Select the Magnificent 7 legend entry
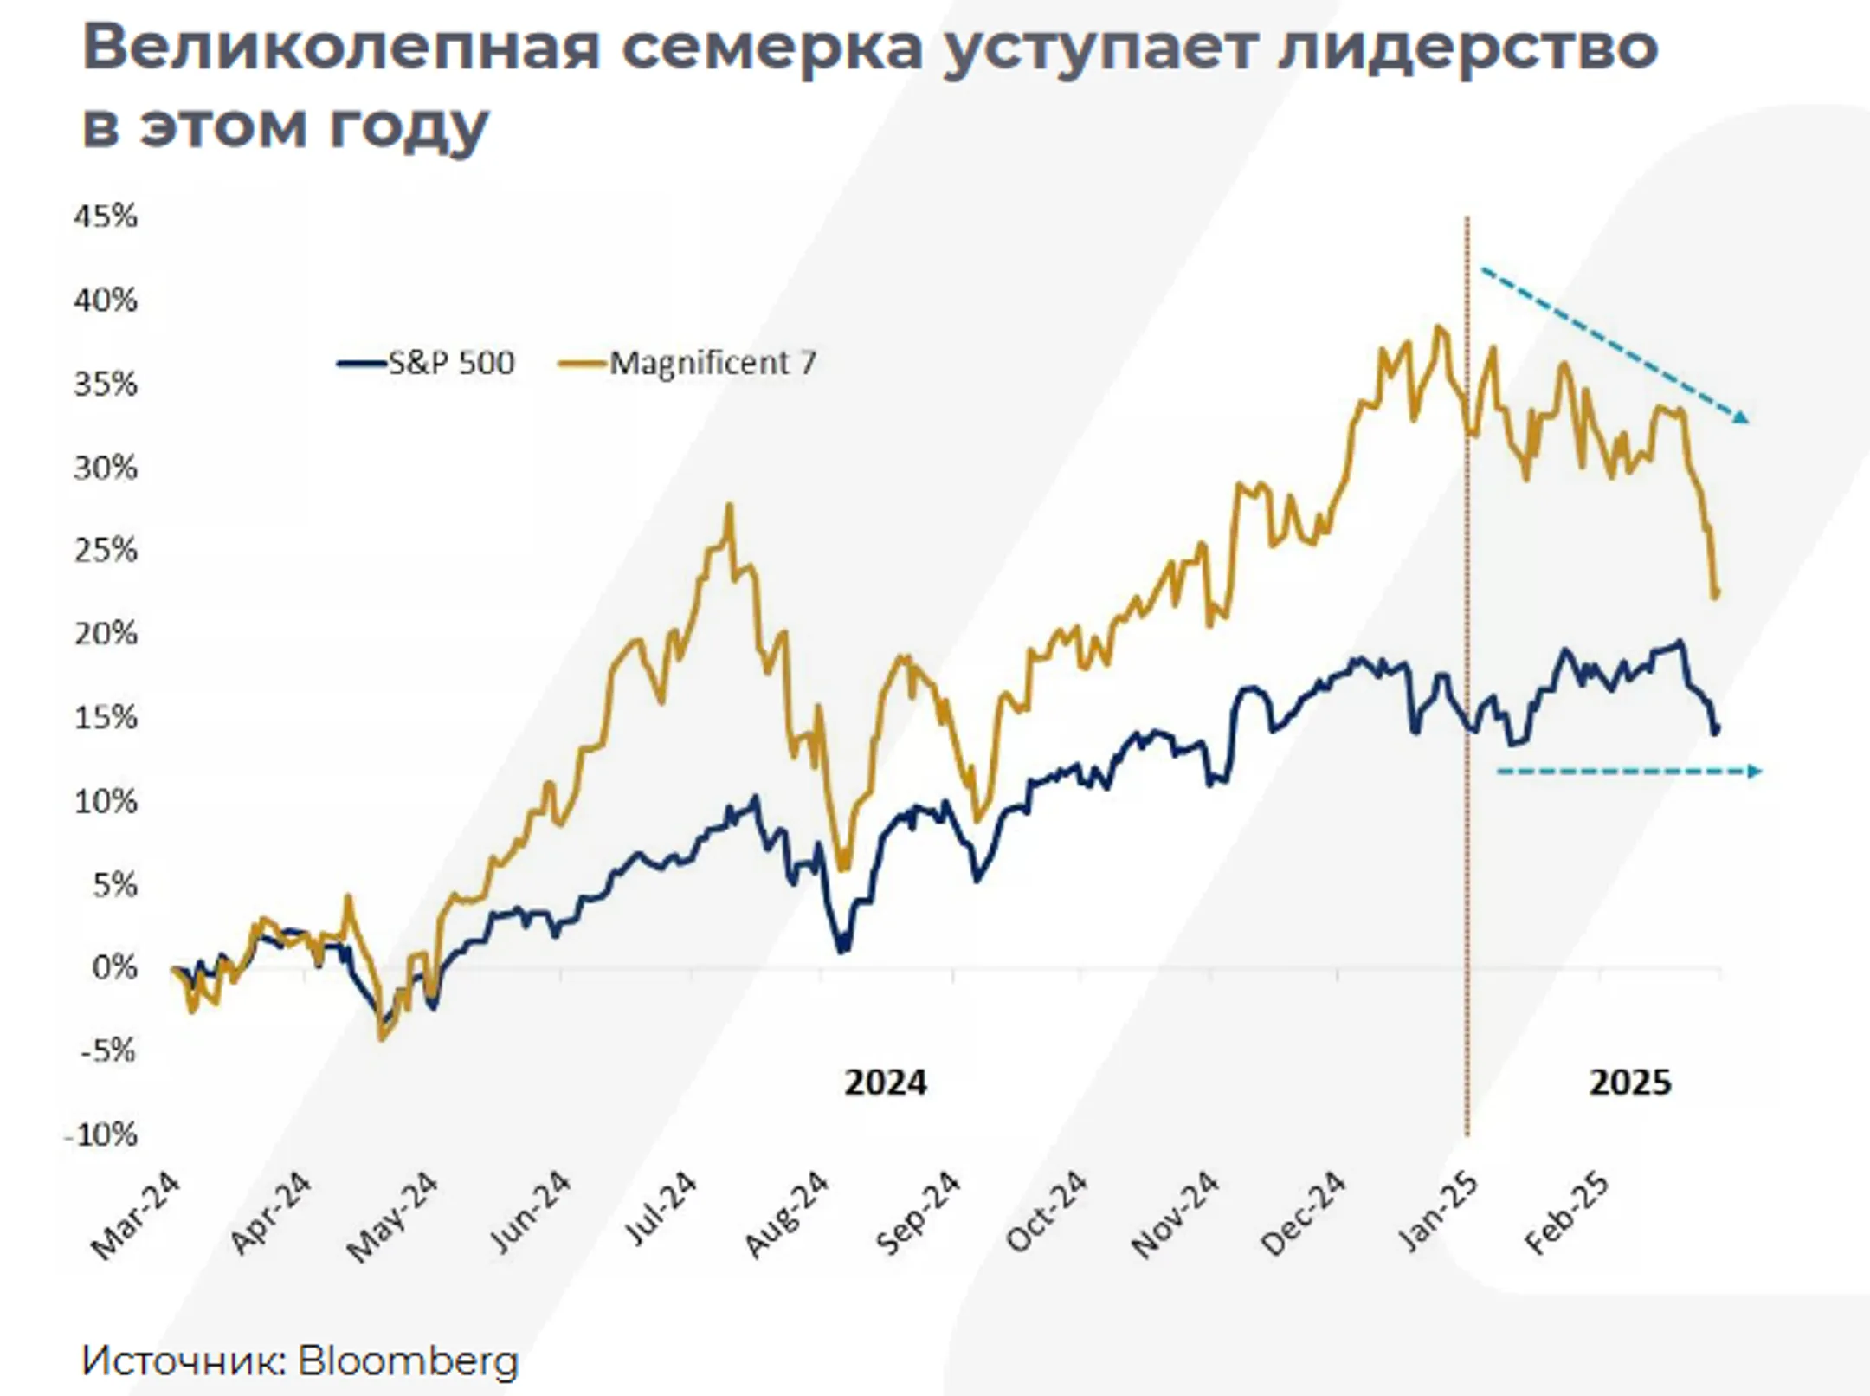(x=690, y=363)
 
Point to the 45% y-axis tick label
(x=106, y=216)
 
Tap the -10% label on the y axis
(x=101, y=1134)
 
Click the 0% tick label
(x=114, y=967)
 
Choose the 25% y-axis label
(x=106, y=550)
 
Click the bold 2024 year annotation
(x=885, y=1083)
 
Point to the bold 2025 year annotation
(x=1630, y=1083)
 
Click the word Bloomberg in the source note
(x=408, y=1360)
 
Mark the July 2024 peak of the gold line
(x=729, y=506)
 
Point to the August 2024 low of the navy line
(x=842, y=950)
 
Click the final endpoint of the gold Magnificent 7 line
(x=1716, y=594)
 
